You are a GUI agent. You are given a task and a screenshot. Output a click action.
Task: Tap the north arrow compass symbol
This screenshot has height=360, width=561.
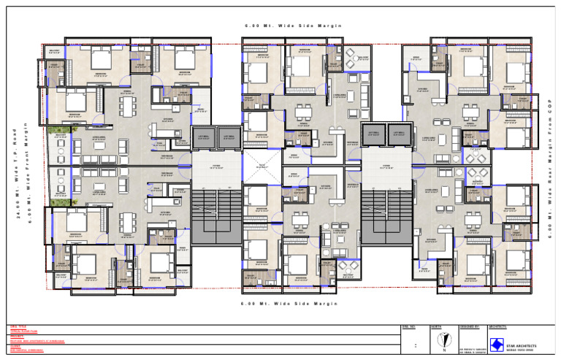click(441, 341)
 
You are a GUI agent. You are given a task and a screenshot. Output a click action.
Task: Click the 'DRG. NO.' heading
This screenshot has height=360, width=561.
click(408, 326)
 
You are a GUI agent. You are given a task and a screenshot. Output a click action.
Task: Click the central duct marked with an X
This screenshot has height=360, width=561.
click(257, 166)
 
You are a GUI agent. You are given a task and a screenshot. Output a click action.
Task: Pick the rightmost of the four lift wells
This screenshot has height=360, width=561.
click(399, 136)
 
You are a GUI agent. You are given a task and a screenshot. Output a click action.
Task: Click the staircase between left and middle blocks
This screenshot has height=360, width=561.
click(215, 215)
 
